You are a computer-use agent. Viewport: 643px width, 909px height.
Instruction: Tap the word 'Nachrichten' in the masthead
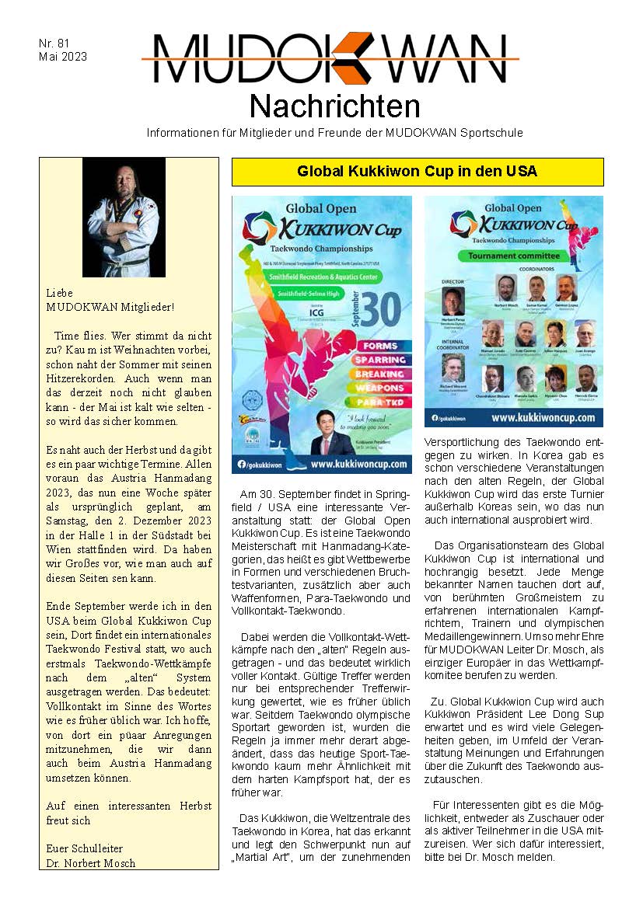pos(334,106)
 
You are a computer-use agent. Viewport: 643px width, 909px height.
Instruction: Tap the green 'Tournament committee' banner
pos(513,256)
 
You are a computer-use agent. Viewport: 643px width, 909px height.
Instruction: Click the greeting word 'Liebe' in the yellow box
pos(60,293)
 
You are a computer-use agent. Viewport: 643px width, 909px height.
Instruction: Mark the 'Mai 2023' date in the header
pos(63,57)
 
